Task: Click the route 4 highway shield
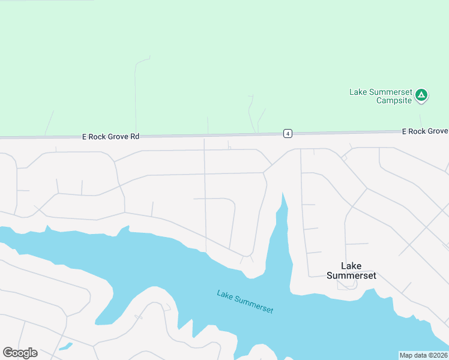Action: coord(288,133)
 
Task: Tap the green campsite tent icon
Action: coord(422,94)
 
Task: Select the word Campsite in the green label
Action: coord(394,100)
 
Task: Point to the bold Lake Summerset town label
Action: coord(351,271)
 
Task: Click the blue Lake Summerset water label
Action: coord(245,302)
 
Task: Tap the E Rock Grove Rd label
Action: coord(110,137)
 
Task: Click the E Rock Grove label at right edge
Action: coord(424,131)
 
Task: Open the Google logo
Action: coord(20,353)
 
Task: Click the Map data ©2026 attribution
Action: coord(424,355)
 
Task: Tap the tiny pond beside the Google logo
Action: coord(66,346)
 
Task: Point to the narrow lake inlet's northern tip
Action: coord(283,194)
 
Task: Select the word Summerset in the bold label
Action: coord(351,275)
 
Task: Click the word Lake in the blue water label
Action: coord(224,295)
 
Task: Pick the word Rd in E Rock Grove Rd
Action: coord(134,137)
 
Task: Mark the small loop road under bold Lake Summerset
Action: coord(347,285)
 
